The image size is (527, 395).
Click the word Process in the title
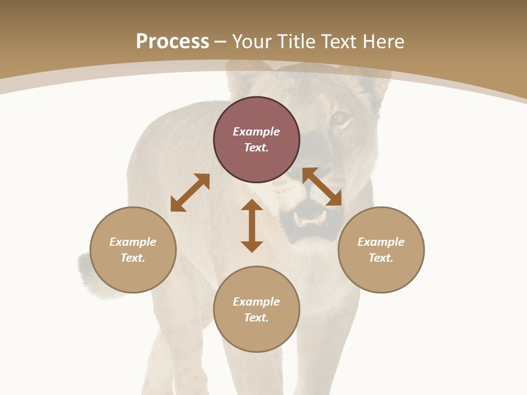coord(172,42)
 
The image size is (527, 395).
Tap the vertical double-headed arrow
coord(252,225)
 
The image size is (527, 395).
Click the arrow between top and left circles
coord(190,193)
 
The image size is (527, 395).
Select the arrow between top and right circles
coord(322,187)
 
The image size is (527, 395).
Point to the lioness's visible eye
coord(340,118)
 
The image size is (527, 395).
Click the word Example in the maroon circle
coord(256,132)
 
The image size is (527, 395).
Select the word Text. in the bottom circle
coord(256,318)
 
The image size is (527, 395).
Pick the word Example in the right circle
coord(381,242)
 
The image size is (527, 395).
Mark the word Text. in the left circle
coord(133,258)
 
